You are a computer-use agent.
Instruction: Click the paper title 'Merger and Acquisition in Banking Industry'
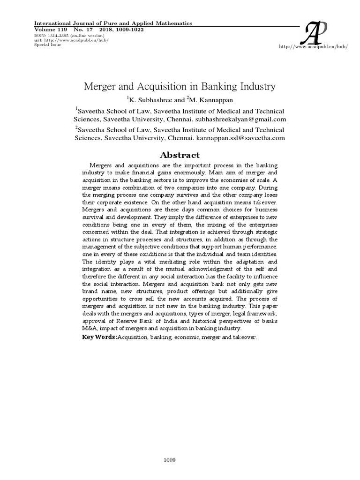[180, 87]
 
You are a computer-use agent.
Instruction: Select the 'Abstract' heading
[180, 155]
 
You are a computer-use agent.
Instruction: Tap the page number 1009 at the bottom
[169, 448]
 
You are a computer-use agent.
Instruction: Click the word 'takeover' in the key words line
[245, 337]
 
